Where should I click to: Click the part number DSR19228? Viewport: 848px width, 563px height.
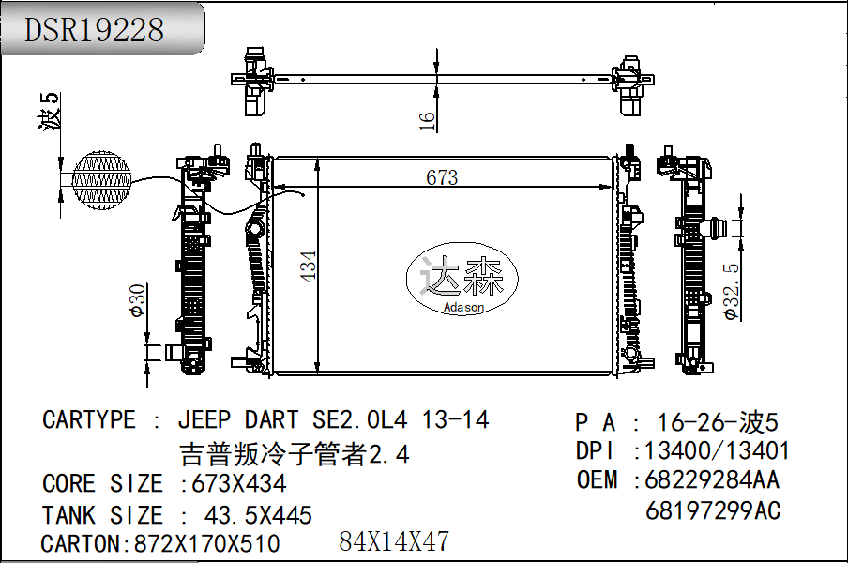click(94, 29)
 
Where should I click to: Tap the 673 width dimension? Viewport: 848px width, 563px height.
click(441, 177)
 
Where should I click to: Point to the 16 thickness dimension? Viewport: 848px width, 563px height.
click(428, 119)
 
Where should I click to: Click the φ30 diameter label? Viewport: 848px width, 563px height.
click(137, 299)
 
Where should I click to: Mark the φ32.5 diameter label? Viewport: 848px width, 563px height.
click(734, 292)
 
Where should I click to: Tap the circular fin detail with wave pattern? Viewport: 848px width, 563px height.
click(101, 178)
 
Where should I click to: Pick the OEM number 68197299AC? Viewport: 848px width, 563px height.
click(713, 510)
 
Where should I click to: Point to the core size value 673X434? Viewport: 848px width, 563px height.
click(239, 484)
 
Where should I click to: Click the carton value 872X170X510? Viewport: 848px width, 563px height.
click(206, 543)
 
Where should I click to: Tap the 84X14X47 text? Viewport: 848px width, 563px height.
click(394, 541)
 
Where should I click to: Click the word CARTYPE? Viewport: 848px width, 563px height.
click(89, 419)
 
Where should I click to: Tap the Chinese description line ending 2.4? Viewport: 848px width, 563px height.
click(295, 454)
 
